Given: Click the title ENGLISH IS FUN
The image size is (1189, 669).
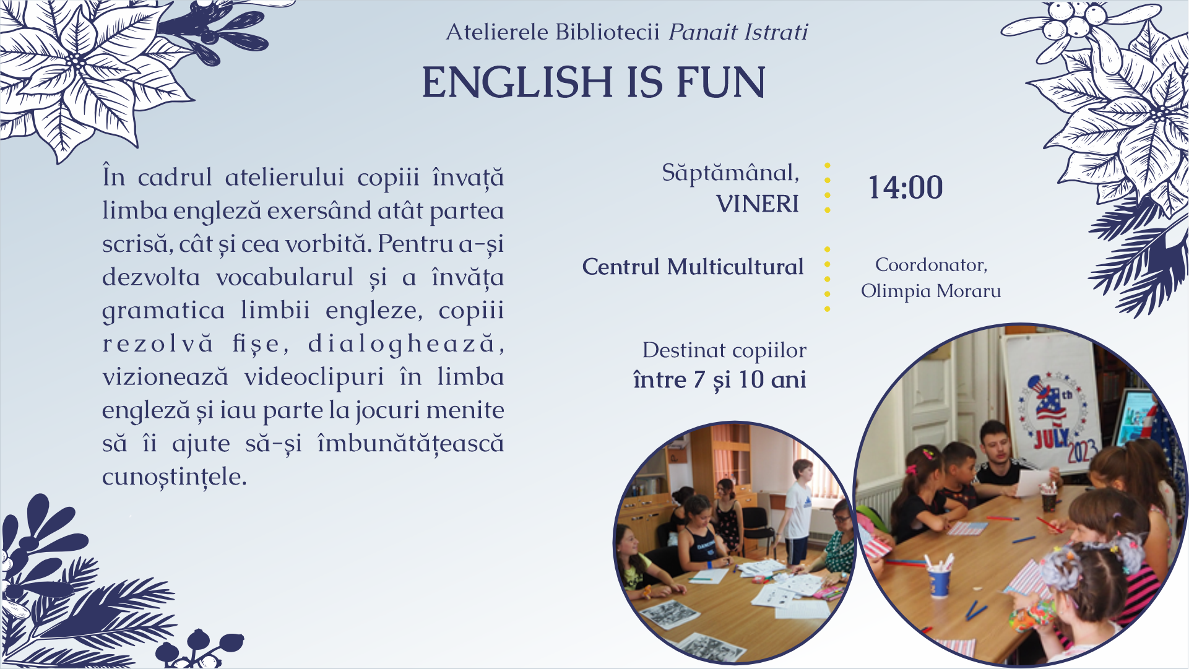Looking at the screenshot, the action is pyautogui.click(x=594, y=82).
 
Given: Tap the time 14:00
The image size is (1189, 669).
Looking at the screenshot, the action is pyautogui.click(x=906, y=188).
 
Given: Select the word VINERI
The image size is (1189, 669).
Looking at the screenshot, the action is pyautogui.click(x=758, y=204).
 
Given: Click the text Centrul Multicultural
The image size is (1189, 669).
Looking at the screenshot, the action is pyautogui.click(x=693, y=267).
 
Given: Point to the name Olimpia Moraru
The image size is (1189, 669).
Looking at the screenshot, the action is pyautogui.click(x=931, y=291).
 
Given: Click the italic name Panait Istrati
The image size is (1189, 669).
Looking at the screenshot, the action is pyautogui.click(x=738, y=32).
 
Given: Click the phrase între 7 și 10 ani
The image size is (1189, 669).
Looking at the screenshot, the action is pyautogui.click(x=720, y=380).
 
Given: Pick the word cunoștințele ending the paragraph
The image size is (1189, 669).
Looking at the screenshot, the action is pyautogui.click(x=175, y=477).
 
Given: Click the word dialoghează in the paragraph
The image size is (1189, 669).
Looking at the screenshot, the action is pyautogui.click(x=406, y=344).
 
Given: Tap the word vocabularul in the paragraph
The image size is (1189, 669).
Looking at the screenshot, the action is pyautogui.click(x=285, y=277).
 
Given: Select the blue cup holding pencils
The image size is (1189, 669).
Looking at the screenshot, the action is pyautogui.click(x=939, y=580).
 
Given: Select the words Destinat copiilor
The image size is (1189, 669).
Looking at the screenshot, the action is pyautogui.click(x=724, y=351).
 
